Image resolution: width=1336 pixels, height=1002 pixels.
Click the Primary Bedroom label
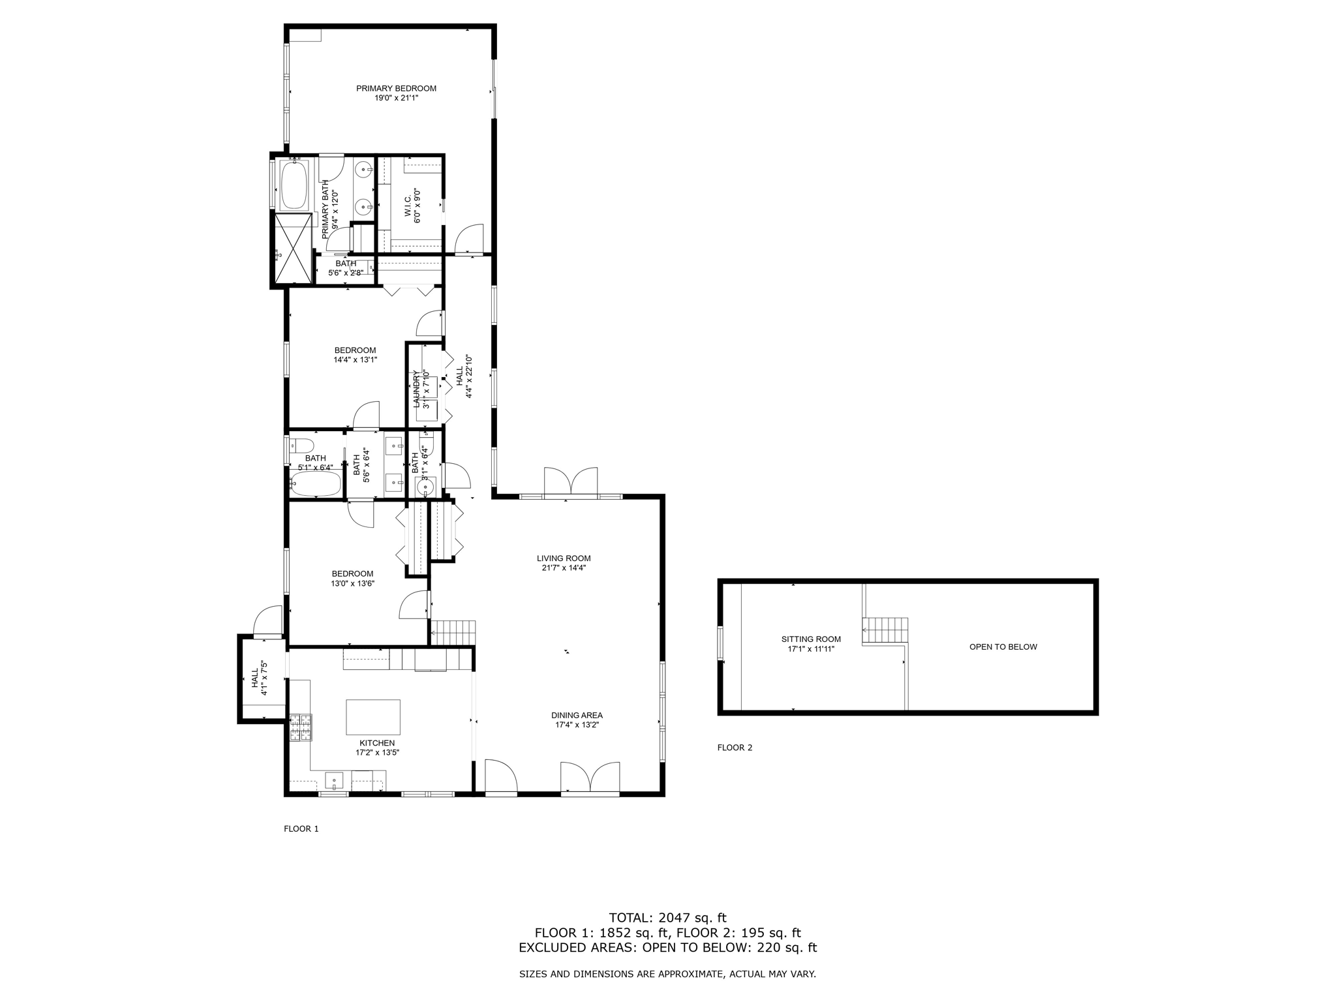tap(396, 89)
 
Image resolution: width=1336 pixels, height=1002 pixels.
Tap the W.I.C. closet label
tap(408, 205)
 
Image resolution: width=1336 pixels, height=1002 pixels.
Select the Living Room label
tap(564, 558)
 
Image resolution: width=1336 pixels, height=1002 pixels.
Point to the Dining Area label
tap(577, 715)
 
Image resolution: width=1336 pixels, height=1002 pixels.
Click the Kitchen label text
tap(377, 743)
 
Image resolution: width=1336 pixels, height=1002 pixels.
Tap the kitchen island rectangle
tap(373, 717)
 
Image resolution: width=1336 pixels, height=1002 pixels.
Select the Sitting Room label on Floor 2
tap(811, 639)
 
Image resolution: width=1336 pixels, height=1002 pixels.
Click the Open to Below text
tap(1003, 647)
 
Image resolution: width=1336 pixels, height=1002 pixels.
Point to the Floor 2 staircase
tap(885, 631)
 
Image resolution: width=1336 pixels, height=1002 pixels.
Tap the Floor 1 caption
tap(301, 829)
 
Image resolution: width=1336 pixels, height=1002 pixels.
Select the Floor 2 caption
tap(735, 748)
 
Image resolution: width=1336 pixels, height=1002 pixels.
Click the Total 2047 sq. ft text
tap(667, 918)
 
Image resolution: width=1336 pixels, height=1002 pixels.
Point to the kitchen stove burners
tap(301, 728)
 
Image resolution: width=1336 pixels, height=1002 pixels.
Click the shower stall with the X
tap(293, 248)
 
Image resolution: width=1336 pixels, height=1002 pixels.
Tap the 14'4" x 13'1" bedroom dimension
tap(356, 359)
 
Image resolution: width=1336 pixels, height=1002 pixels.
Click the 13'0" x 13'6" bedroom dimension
tap(352, 584)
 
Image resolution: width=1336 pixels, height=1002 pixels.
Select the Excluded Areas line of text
tap(667, 948)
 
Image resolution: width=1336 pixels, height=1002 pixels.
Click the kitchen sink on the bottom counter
tap(335, 780)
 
